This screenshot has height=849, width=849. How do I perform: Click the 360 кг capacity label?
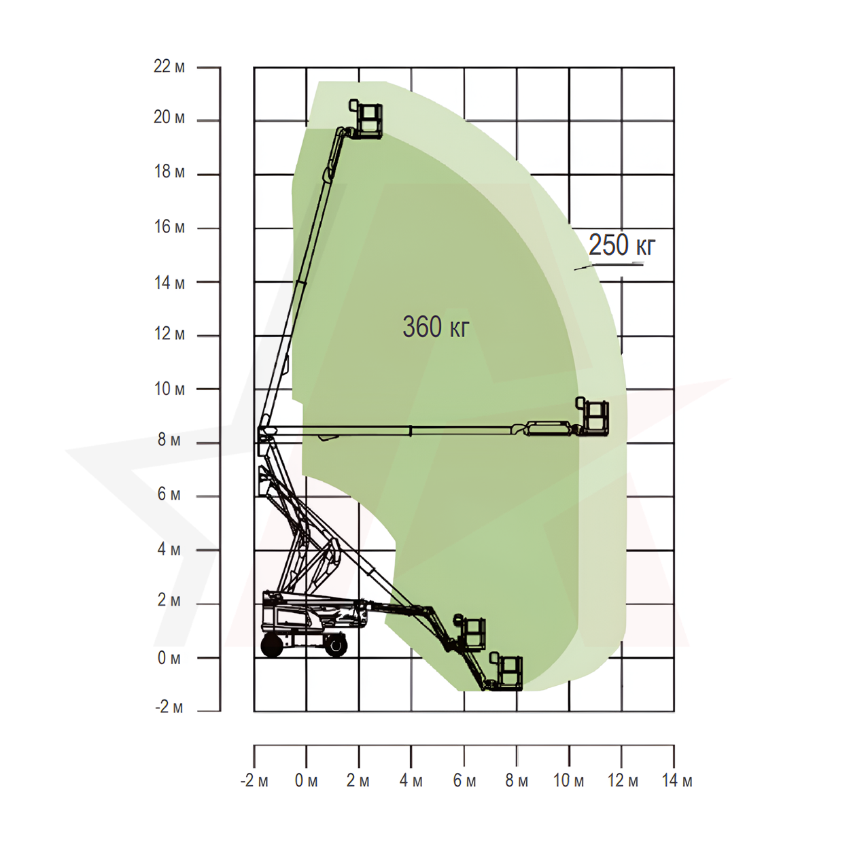(436, 326)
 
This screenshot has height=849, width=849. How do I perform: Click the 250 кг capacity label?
(622, 245)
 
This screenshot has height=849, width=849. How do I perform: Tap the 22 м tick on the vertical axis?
(209, 67)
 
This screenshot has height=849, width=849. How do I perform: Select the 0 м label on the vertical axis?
(169, 658)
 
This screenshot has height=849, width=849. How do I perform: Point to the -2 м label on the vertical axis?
(169, 707)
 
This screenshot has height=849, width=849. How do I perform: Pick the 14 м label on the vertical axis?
(169, 282)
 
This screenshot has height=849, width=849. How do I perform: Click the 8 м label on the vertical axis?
(169, 439)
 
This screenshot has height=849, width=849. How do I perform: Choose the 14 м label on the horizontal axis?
(677, 780)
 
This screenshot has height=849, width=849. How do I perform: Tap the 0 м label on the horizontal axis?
(306, 780)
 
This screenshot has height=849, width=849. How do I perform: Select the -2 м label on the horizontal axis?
(254, 780)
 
